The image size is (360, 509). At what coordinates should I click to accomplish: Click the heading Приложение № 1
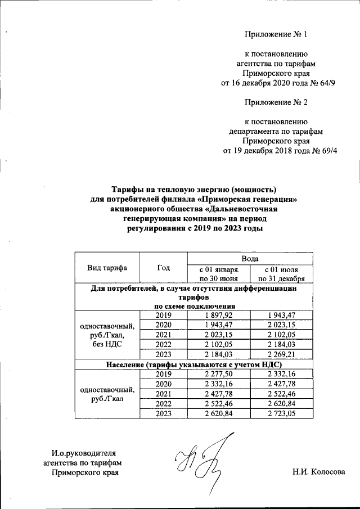[276, 35]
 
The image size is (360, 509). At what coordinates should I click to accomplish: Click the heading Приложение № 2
[276, 102]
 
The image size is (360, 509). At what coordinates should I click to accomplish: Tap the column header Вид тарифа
[107, 268]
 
